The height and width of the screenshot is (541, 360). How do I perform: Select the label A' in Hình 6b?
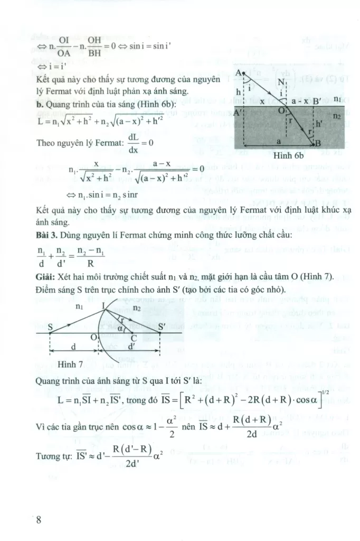coord(238,112)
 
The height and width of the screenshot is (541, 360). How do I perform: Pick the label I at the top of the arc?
coord(103,306)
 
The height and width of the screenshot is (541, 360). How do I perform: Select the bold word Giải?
coord(48,278)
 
